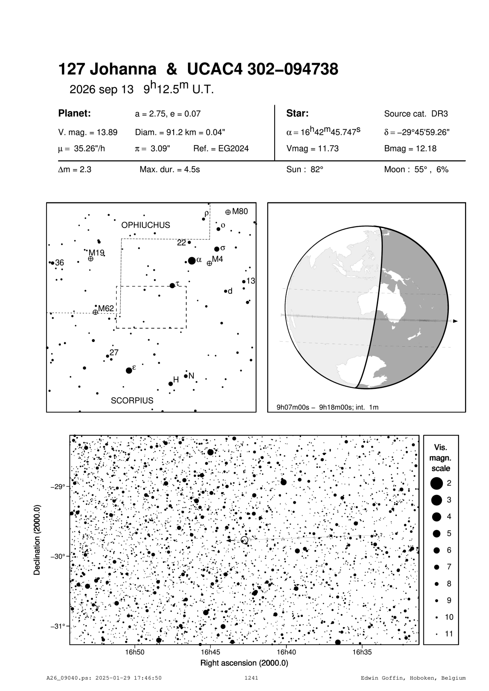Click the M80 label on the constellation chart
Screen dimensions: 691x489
pos(240,211)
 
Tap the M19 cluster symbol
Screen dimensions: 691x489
pos(91,259)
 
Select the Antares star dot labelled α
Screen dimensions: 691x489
pos(192,260)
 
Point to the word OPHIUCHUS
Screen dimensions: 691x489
pos(146,225)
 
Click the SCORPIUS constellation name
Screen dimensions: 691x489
pos(132,401)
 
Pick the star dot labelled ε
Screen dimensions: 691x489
pos(129,370)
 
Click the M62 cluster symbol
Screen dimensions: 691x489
pos(95,312)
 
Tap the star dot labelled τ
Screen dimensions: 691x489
pos(172,286)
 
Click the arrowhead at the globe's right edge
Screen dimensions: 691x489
pos(455,321)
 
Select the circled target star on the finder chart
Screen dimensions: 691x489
pos(244,540)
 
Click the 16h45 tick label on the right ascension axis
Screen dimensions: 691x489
pos(210,652)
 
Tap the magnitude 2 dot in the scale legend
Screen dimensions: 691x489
pos(436,483)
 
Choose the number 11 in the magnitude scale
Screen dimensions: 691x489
pos(449,634)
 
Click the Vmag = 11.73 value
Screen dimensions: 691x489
pos(312,149)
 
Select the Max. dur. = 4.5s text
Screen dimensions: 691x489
pos(170,170)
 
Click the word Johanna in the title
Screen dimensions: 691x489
pos(123,70)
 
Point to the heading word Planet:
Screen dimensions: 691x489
pos(75,114)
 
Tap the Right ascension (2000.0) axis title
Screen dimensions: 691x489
pos(244,663)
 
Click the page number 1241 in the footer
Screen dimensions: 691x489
pos(251,678)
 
